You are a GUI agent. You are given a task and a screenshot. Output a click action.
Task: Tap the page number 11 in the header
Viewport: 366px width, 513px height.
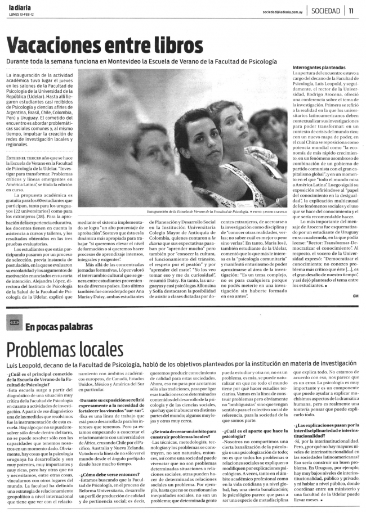click(x=351, y=11)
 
